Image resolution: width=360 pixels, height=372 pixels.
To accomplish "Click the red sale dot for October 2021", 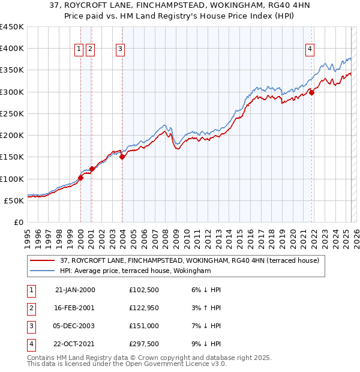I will pyautogui.click(x=312, y=92).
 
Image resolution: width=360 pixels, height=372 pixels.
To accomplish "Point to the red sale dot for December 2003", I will pyautogui.click(x=122, y=157).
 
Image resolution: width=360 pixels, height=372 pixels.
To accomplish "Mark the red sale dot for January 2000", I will pyautogui.click(x=80, y=178).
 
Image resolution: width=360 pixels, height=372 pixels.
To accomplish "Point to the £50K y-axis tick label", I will pyautogui.click(x=14, y=200).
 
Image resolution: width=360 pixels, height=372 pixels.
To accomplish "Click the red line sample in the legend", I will pyautogui.click(x=43, y=260).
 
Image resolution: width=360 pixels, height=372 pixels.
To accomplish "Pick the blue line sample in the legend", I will pyautogui.click(x=43, y=271).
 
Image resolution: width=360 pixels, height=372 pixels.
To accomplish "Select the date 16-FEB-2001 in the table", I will pyautogui.click(x=75, y=308).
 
